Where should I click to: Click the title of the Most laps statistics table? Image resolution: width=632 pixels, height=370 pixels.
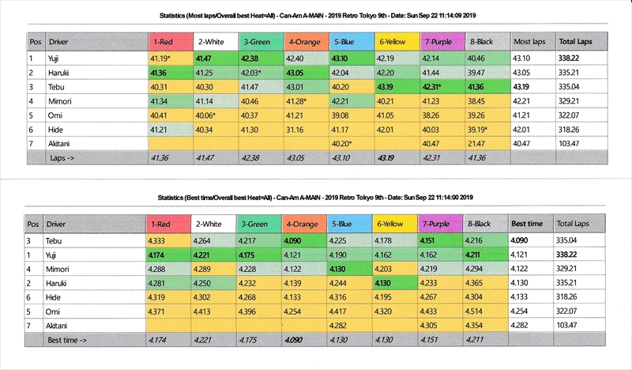[316, 15]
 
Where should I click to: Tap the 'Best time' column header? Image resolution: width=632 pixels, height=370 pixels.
[526, 224]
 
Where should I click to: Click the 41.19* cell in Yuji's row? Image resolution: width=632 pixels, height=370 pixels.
[161, 58]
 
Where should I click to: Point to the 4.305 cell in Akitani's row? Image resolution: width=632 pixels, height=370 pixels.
[432, 326]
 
